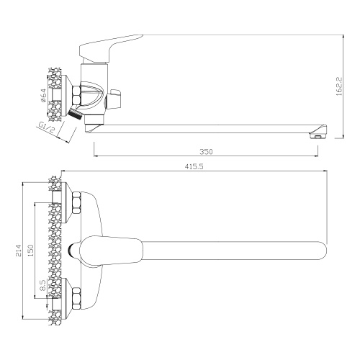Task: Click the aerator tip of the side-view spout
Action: click(320, 132)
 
